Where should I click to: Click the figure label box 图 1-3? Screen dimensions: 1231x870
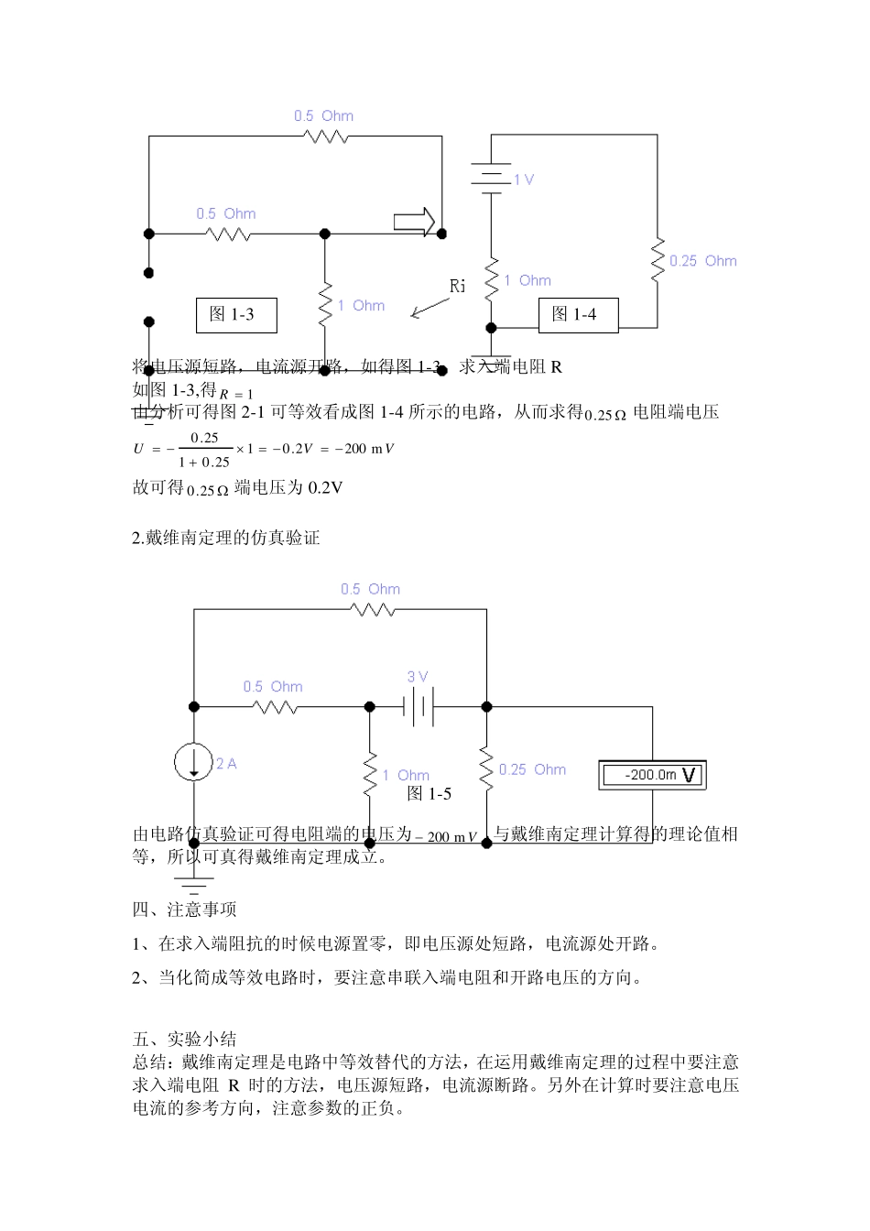pyautogui.click(x=236, y=315)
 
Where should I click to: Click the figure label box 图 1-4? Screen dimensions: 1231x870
pyautogui.click(x=578, y=315)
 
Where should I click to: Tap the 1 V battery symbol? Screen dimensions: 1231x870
pyautogui.click(x=492, y=177)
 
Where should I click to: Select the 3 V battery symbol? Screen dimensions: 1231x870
pyautogui.click(x=419, y=707)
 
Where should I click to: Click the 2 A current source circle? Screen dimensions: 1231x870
pyautogui.click(x=194, y=761)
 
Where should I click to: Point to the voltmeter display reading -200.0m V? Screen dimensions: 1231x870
pyautogui.click(x=653, y=775)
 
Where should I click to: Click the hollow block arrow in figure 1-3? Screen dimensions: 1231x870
pyautogui.click(x=414, y=221)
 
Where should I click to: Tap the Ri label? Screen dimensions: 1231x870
pyautogui.click(x=458, y=286)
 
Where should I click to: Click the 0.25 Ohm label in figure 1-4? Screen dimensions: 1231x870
pyautogui.click(x=702, y=261)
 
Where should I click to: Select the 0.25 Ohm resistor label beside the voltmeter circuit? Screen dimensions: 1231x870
pyautogui.click(x=532, y=769)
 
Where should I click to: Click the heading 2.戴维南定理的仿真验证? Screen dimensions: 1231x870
pyautogui.click(x=226, y=538)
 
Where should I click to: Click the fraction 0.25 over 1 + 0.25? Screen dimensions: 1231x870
pyautogui.click(x=204, y=450)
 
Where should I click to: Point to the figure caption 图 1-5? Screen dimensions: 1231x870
pyautogui.click(x=429, y=793)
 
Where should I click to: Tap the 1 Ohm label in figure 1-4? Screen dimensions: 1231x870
pyautogui.click(x=527, y=281)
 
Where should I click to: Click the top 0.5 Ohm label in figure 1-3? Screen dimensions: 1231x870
pyautogui.click(x=323, y=116)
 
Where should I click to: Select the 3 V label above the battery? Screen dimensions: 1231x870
pyautogui.click(x=418, y=677)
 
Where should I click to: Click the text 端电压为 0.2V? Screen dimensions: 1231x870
pyautogui.click(x=288, y=487)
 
